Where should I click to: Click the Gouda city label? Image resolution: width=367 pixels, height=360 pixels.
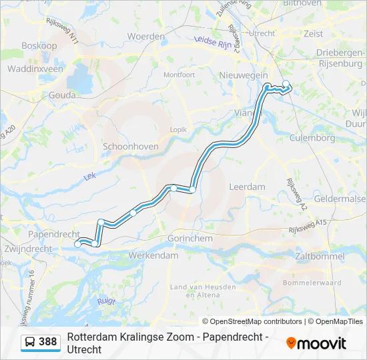(62, 95)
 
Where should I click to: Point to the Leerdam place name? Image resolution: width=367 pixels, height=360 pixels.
(247, 187)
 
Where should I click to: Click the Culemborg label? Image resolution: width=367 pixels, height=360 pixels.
(312, 138)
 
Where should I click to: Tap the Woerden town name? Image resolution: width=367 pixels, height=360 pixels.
(146, 36)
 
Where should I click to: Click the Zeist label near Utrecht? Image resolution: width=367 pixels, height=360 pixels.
(313, 33)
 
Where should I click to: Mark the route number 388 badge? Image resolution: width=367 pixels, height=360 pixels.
(47, 342)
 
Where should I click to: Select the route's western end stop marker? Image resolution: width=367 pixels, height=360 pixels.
(78, 245)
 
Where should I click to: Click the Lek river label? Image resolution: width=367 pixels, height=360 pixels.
(89, 177)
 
